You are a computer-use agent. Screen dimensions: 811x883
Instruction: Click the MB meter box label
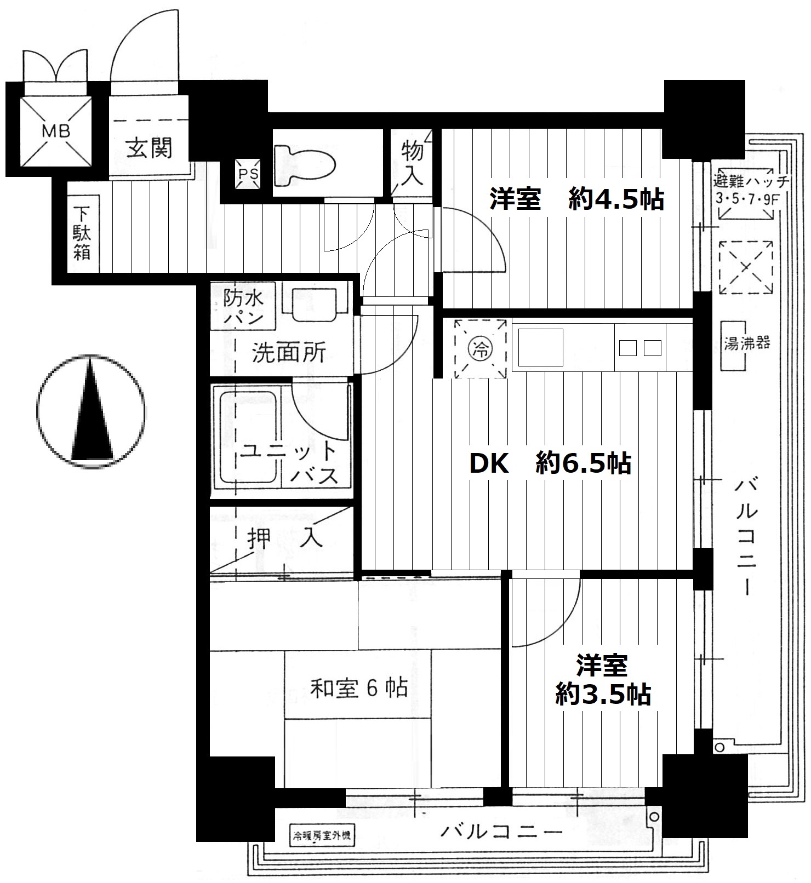[x=56, y=131]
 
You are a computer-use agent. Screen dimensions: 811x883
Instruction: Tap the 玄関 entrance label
[x=149, y=147]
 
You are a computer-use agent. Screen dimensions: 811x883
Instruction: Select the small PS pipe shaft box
[x=247, y=175]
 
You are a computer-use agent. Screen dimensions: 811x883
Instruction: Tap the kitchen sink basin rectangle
[x=541, y=348]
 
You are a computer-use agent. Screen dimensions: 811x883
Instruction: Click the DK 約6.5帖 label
[x=550, y=463]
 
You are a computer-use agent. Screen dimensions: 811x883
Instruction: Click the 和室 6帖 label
[x=359, y=687]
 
